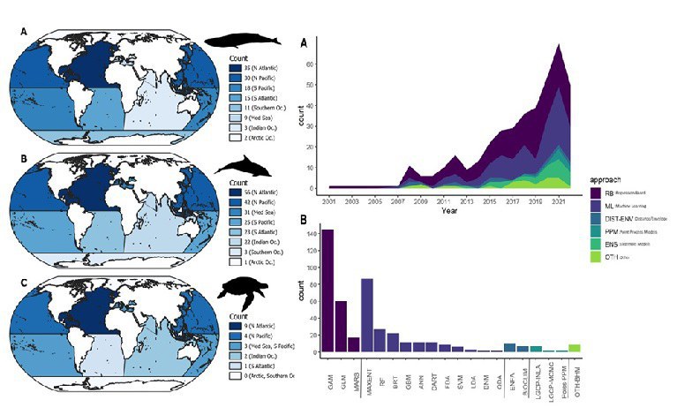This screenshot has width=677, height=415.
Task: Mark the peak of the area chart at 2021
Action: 559,45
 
